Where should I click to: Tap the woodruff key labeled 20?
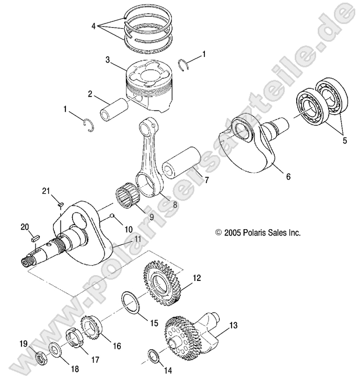34,236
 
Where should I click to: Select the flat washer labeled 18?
54,349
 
